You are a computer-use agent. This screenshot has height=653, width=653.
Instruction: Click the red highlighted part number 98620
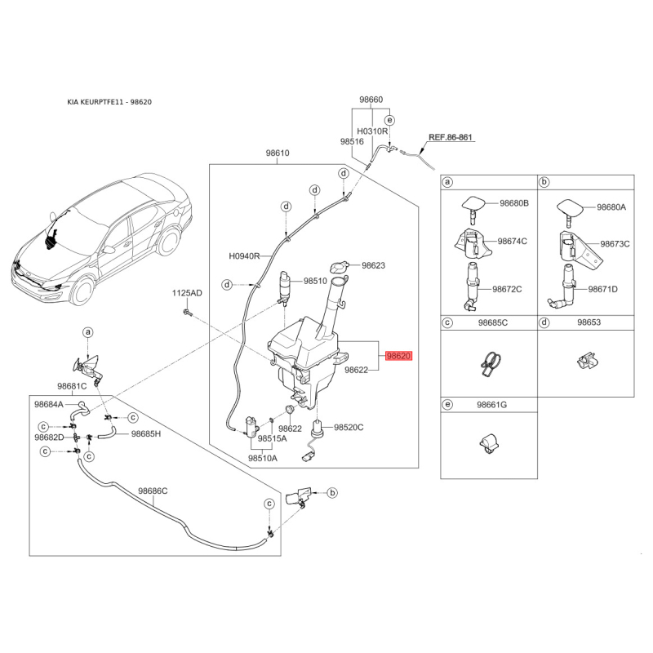(x=400, y=357)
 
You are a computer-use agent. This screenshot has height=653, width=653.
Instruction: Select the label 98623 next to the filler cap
(x=373, y=265)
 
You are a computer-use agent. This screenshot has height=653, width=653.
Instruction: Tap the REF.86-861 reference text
(x=451, y=138)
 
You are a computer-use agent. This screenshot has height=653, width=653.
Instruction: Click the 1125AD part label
(x=186, y=292)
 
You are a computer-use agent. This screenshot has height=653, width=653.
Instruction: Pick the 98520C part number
(x=349, y=427)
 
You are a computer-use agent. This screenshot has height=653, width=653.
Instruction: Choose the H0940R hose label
(x=244, y=255)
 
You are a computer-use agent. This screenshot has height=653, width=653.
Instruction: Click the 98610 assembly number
(x=278, y=153)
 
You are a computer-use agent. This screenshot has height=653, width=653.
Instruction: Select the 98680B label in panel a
(x=514, y=202)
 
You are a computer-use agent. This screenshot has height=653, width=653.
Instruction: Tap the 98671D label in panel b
(x=603, y=289)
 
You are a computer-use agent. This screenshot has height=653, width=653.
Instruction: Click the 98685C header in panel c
(x=492, y=323)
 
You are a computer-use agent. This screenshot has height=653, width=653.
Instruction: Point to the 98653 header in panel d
(x=589, y=323)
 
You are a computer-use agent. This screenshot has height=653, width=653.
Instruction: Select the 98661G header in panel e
(x=492, y=405)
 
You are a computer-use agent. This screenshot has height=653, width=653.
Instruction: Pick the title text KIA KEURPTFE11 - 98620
(x=109, y=103)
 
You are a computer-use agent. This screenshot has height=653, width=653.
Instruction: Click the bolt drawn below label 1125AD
(x=186, y=312)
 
